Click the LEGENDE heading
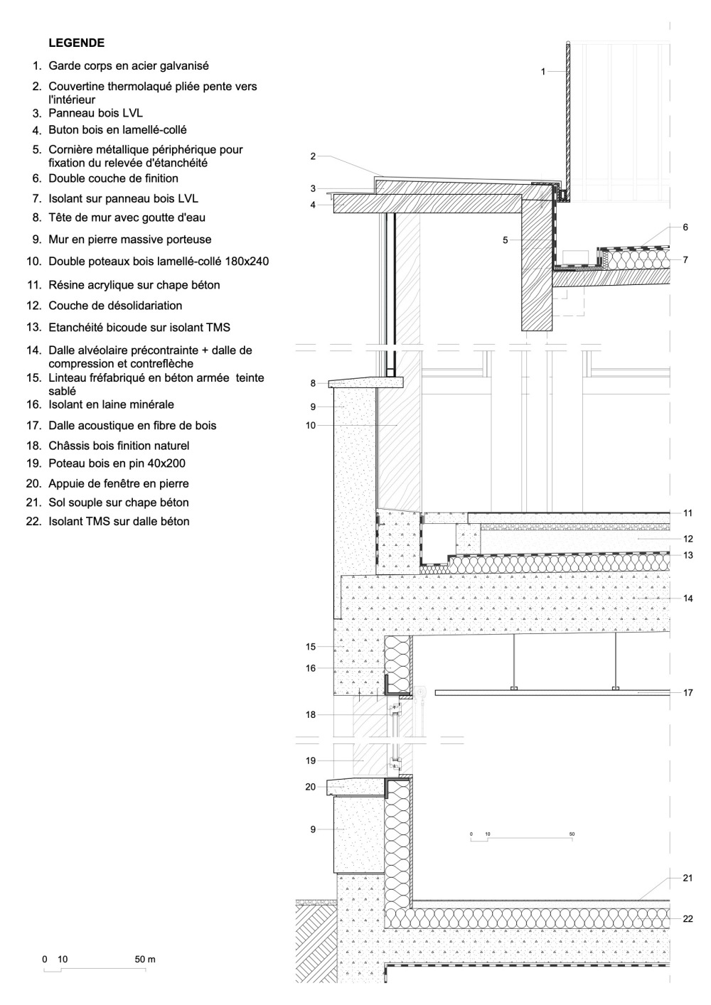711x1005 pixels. click(x=76, y=43)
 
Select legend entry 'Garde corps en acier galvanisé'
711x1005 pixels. click(x=129, y=66)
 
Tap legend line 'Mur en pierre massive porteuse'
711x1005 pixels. click(x=130, y=240)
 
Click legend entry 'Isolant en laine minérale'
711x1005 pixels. click(x=112, y=404)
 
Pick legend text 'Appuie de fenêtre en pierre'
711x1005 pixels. click(x=119, y=483)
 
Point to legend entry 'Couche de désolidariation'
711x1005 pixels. click(x=115, y=306)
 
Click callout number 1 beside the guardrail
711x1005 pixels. click(x=543, y=72)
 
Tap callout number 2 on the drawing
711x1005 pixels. click(x=313, y=156)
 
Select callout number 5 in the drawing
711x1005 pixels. click(x=505, y=240)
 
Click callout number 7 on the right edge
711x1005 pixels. click(x=685, y=259)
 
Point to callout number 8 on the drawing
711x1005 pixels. click(x=313, y=384)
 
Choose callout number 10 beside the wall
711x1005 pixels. click(x=311, y=425)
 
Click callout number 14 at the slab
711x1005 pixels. click(x=688, y=598)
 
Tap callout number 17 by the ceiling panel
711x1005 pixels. click(x=688, y=693)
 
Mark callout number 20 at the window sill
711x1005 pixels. click(x=311, y=787)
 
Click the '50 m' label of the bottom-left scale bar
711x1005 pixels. click(x=145, y=960)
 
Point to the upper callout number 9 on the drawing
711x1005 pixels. click(x=313, y=407)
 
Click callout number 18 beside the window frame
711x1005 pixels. click(x=311, y=715)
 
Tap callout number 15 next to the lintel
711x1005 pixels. click(x=311, y=647)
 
